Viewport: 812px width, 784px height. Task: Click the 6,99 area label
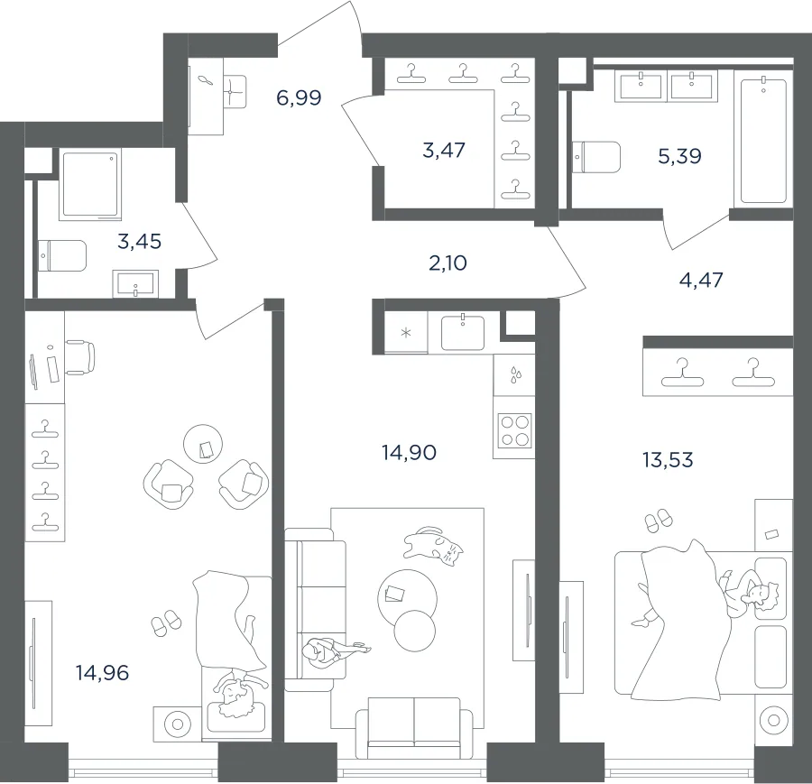click(299, 97)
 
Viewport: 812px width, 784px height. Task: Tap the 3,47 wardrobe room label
click(444, 150)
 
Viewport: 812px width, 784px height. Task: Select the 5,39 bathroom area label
click(679, 155)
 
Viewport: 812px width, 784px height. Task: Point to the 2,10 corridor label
click(448, 263)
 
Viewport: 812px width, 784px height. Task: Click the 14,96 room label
click(102, 673)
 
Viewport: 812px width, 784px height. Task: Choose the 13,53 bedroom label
click(668, 459)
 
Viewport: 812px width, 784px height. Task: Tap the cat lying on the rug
click(433, 546)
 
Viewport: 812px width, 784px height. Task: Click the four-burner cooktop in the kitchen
click(515, 430)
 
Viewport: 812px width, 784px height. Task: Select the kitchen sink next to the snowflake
click(463, 332)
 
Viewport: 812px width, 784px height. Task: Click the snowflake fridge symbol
click(406, 332)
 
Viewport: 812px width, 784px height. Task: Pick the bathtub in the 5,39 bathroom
click(764, 140)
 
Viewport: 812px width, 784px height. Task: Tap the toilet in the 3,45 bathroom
click(62, 256)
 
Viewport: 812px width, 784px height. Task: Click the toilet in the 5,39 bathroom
click(596, 157)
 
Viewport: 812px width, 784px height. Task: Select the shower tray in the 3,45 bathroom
click(92, 184)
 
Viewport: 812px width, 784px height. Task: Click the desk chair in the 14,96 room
click(81, 357)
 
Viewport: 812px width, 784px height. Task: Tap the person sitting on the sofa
click(331, 650)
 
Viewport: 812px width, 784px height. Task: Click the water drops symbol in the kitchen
click(516, 375)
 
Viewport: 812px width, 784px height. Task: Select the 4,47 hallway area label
click(701, 280)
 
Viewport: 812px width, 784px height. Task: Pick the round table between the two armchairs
click(203, 444)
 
